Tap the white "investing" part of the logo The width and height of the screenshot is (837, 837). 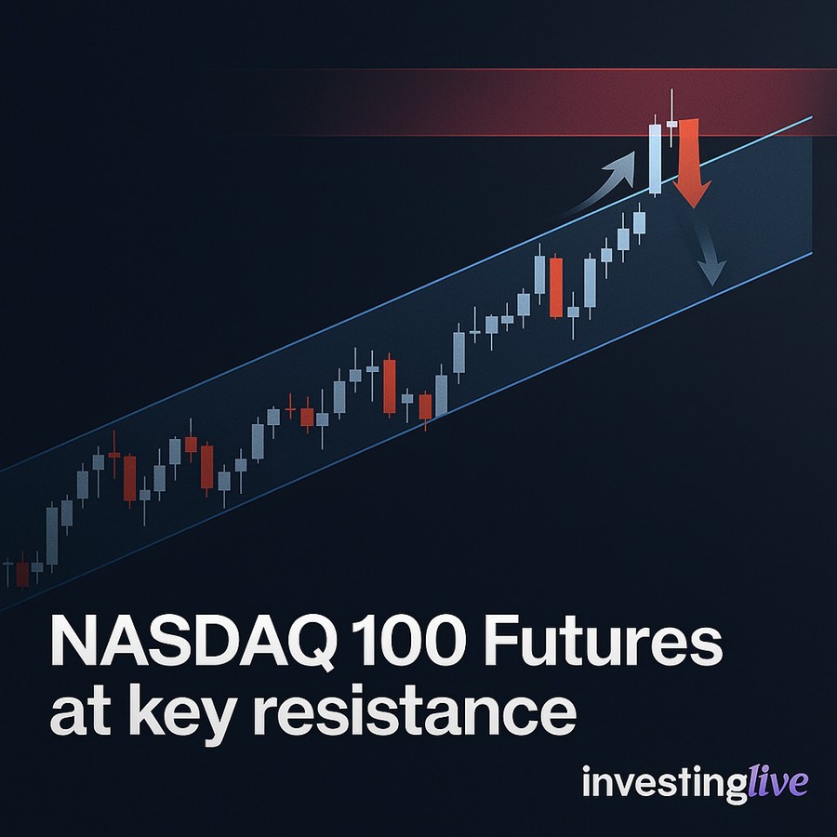[x=664, y=783]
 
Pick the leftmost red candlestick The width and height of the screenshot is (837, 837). [x=22, y=573]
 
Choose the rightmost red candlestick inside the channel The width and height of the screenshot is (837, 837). [x=556, y=286]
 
